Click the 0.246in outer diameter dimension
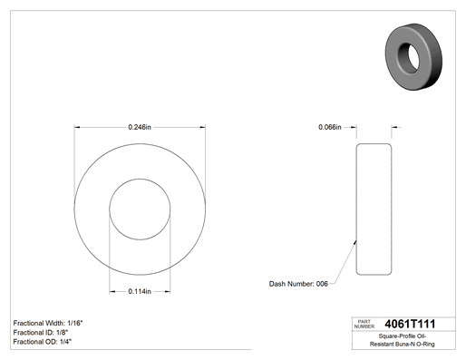coord(140,127)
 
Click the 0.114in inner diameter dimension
coord(140,291)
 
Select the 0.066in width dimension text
coord(330,127)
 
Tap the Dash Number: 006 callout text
coord(298,284)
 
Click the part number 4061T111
coord(410,324)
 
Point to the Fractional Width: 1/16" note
coord(48,323)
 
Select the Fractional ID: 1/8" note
coord(41,333)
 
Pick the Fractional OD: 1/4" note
coord(42,342)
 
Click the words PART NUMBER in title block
coord(364,324)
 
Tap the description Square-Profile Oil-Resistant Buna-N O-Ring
coord(403,340)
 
